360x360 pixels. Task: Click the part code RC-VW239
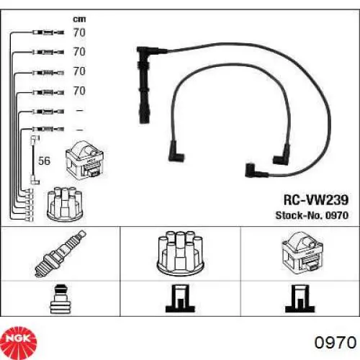coord(316,199)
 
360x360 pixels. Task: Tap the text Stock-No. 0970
coord(312,215)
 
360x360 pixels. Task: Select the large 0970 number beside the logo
coord(336,343)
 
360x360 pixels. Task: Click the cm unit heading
coord(79,19)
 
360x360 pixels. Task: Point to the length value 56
coord(45,161)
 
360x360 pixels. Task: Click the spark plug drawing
coord(60,253)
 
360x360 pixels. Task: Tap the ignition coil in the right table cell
coord(302,253)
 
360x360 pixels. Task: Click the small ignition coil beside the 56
coord(84,160)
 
